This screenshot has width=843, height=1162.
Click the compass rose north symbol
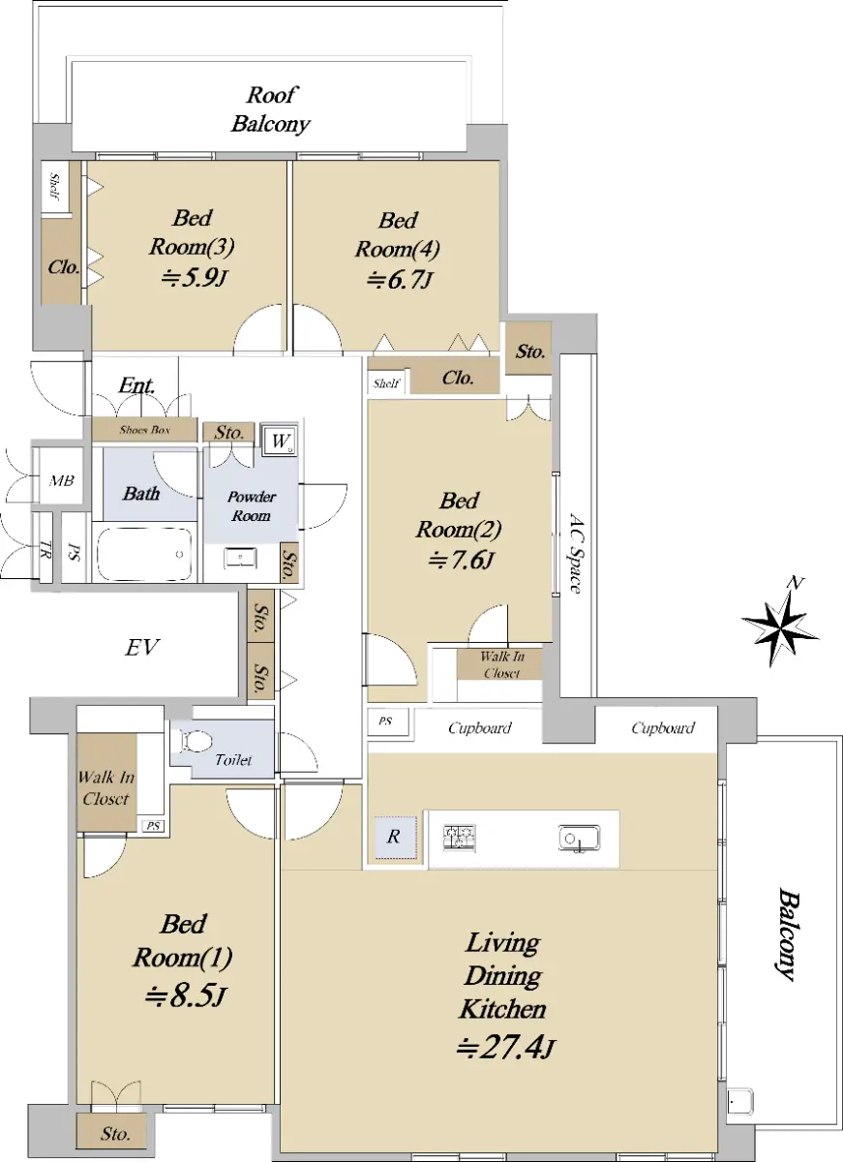pyautogui.click(x=780, y=623)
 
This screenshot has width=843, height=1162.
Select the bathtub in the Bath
pyautogui.click(x=144, y=554)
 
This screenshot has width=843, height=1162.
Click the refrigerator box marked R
pyautogui.click(x=395, y=837)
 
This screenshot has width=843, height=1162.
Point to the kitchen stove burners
pyautogui.click(x=460, y=837)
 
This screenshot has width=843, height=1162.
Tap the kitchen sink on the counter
pyautogui.click(x=579, y=838)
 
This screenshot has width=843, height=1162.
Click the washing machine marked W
pyautogui.click(x=280, y=441)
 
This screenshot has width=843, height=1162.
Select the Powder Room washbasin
pyautogui.click(x=240, y=558)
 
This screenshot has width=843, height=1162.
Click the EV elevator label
pyautogui.click(x=142, y=648)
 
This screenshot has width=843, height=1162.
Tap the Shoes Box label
pyautogui.click(x=144, y=430)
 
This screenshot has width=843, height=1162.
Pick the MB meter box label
pyautogui.click(x=61, y=481)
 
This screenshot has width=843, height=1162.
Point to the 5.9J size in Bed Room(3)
pyautogui.click(x=193, y=279)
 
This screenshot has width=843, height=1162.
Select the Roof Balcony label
pyautogui.click(x=271, y=108)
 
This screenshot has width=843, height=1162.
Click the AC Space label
pyautogui.click(x=577, y=553)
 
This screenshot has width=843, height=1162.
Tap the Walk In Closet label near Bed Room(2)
pyautogui.click(x=502, y=665)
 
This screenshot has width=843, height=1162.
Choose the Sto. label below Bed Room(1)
pyautogui.click(x=115, y=1134)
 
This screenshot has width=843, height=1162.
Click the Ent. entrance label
pyautogui.click(x=136, y=385)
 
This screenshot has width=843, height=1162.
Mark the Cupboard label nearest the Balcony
pyautogui.click(x=663, y=728)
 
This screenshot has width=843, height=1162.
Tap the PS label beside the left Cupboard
pyautogui.click(x=385, y=721)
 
